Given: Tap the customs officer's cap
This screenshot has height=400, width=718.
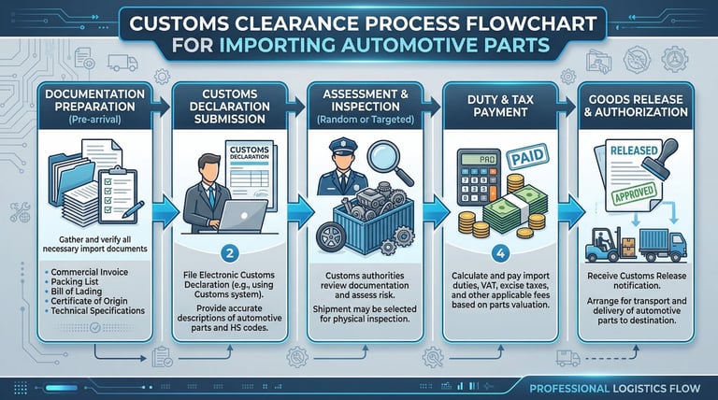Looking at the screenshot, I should point(339,148).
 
